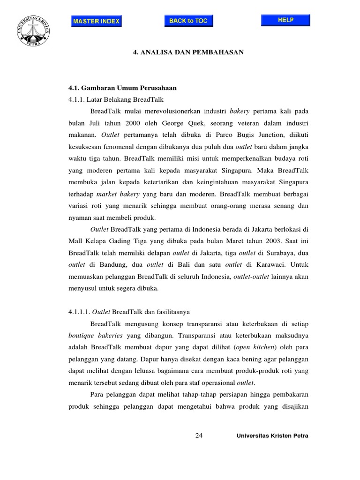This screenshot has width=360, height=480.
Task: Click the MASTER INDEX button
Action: [x=96, y=21]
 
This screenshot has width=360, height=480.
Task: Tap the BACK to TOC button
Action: [x=188, y=21]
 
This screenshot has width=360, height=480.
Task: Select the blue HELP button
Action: [x=285, y=20]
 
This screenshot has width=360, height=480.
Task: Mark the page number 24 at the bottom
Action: [x=199, y=436]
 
